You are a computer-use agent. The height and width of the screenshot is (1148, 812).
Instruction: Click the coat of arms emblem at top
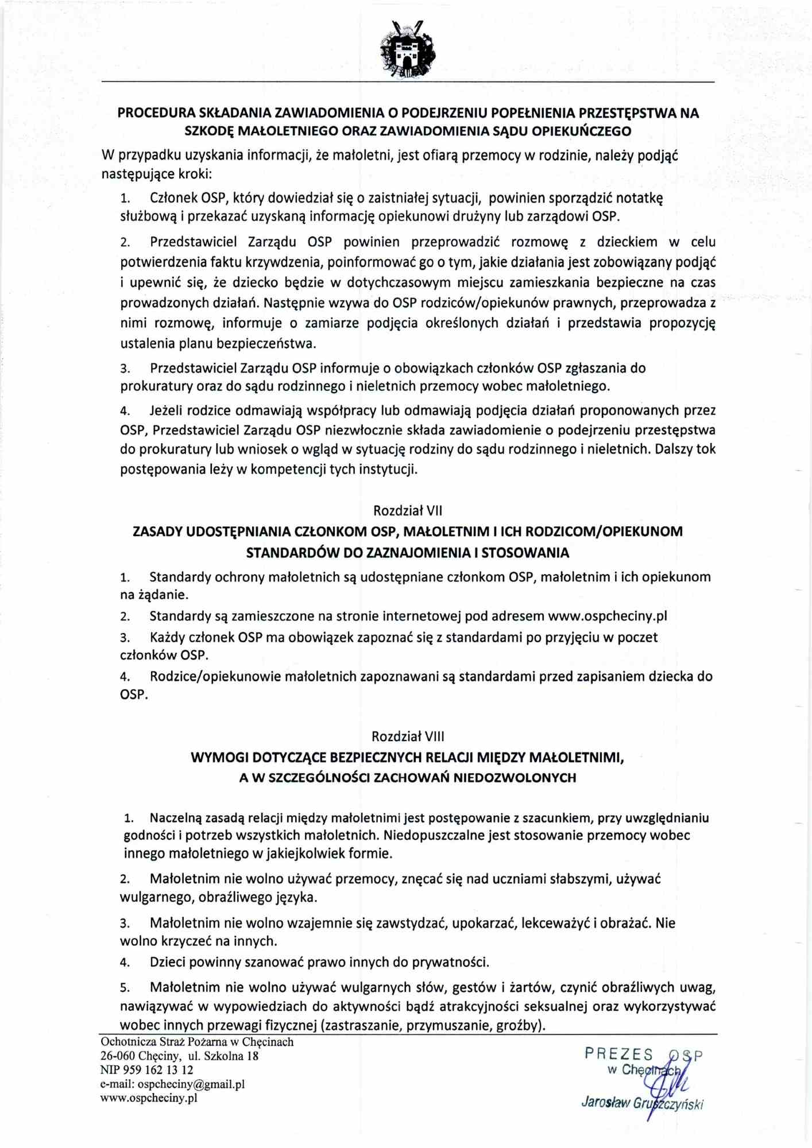tap(407, 50)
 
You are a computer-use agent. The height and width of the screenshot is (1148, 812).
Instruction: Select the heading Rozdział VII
tap(407, 510)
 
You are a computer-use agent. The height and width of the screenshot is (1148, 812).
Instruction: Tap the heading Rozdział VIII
tap(407, 736)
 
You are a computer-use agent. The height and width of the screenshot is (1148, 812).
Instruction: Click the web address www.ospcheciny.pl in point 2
tap(608, 616)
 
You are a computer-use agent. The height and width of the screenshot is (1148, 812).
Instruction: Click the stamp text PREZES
tap(618, 1054)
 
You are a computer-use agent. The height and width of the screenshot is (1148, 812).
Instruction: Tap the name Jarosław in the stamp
tap(605, 1103)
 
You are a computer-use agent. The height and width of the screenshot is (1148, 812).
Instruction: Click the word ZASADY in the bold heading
tap(157, 532)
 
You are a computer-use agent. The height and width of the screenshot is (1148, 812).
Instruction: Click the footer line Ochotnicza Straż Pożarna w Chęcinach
tap(196, 1042)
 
